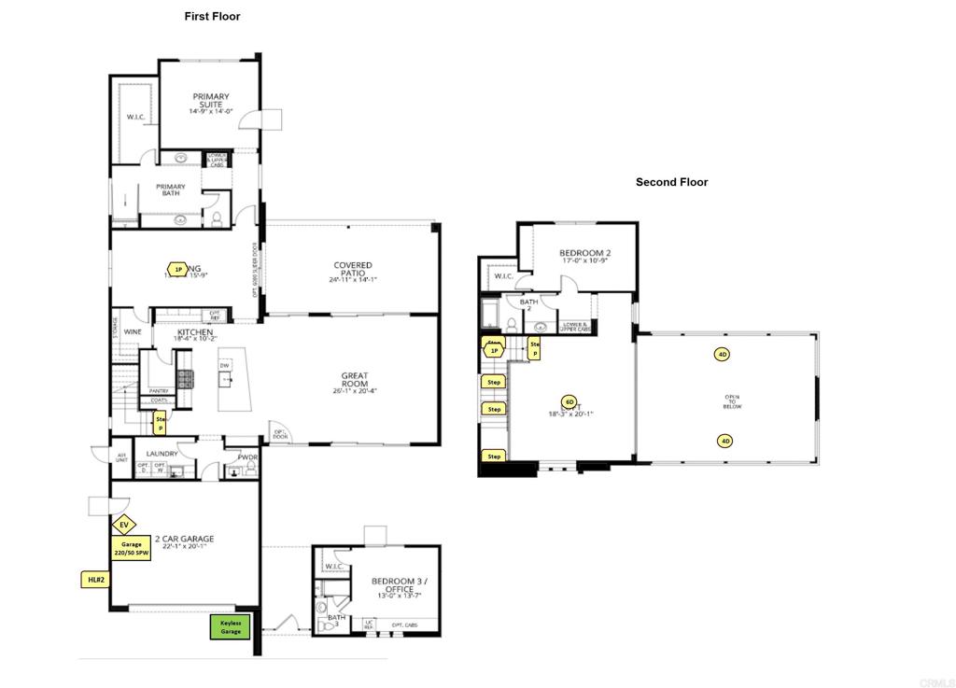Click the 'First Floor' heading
(212, 16)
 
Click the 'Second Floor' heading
(671, 182)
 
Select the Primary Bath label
(170, 190)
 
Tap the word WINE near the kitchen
(134, 332)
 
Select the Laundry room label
(162, 455)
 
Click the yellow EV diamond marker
(123, 525)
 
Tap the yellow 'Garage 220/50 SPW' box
(131, 549)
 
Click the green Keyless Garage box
(230, 627)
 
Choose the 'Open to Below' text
(732, 401)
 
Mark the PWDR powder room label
(246, 457)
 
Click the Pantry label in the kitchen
(159, 391)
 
